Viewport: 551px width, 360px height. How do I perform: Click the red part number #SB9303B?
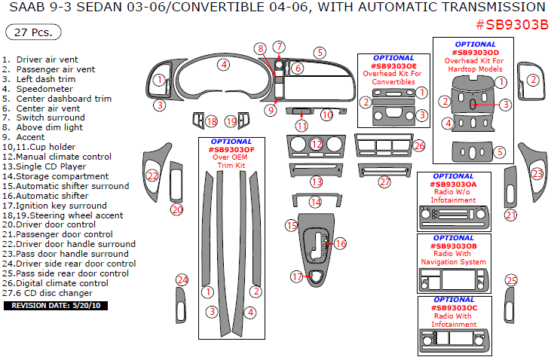[x=512, y=23]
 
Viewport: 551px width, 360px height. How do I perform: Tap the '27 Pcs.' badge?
[x=33, y=33]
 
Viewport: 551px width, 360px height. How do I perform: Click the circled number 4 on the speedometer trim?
[x=224, y=65]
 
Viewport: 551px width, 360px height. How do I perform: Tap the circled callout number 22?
[x=153, y=175]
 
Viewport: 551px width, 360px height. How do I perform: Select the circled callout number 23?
[x=537, y=174]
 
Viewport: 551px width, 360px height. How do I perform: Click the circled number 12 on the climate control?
[x=317, y=144]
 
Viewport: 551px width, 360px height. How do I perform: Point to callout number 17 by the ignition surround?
[x=297, y=277]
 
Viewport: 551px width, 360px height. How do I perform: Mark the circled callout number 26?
[x=420, y=145]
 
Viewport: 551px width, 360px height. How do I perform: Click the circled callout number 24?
[x=182, y=280]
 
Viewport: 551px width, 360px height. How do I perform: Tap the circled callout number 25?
[x=512, y=281]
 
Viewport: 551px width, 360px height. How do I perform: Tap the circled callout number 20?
[x=177, y=209]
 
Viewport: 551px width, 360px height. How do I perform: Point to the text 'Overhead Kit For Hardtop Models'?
[x=475, y=65]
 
